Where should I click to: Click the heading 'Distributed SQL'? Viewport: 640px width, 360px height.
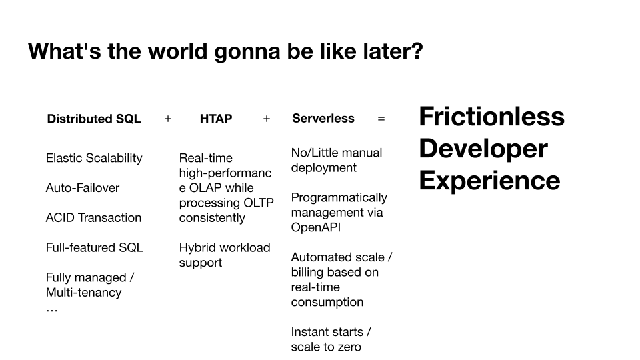[x=94, y=119]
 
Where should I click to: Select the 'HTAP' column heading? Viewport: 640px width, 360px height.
[x=216, y=119]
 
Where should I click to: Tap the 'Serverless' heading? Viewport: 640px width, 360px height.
[x=323, y=119]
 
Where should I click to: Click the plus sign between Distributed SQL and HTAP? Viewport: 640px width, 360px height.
[x=168, y=119]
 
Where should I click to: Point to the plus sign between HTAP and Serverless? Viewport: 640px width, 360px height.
[x=267, y=119]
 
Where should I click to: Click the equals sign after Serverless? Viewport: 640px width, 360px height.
[x=381, y=119]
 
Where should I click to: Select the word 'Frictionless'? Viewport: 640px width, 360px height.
[x=492, y=116]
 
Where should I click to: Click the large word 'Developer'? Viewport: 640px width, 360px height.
[x=483, y=149]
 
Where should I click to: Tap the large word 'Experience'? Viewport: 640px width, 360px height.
[x=490, y=181]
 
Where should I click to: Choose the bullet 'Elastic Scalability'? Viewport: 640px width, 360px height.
[x=94, y=159]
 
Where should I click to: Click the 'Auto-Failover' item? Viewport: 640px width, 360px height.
[x=83, y=188]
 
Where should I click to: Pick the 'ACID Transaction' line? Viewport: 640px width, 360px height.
[x=93, y=217]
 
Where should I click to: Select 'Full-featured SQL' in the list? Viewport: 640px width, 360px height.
[x=94, y=247]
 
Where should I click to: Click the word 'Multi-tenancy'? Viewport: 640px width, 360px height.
[x=84, y=293]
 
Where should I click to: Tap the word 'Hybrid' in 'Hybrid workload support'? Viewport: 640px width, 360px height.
[x=195, y=248]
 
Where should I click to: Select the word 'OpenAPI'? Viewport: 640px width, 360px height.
[x=316, y=227]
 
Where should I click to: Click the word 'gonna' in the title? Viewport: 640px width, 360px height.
[x=247, y=52]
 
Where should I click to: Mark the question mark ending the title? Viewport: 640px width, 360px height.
[x=417, y=51]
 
